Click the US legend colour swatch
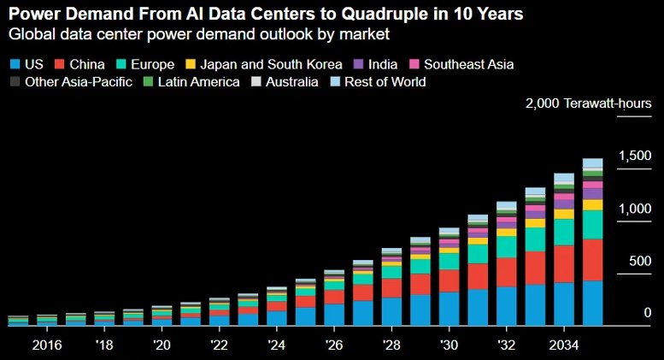[x=15, y=64]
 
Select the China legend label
[x=87, y=64]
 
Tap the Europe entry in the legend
[x=145, y=64]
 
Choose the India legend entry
[x=375, y=64]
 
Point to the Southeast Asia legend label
[x=469, y=64]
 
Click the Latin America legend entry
[x=191, y=82]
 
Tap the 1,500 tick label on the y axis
[x=635, y=156]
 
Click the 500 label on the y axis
[x=640, y=261]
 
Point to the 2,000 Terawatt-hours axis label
[x=588, y=103]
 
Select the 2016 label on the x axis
[x=47, y=345]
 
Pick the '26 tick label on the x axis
[x=333, y=345]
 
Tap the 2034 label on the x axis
[x=564, y=345]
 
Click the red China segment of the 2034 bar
[x=564, y=264]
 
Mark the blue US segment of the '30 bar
[x=449, y=309]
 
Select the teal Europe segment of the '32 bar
[x=507, y=247]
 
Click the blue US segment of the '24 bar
[x=277, y=318]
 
